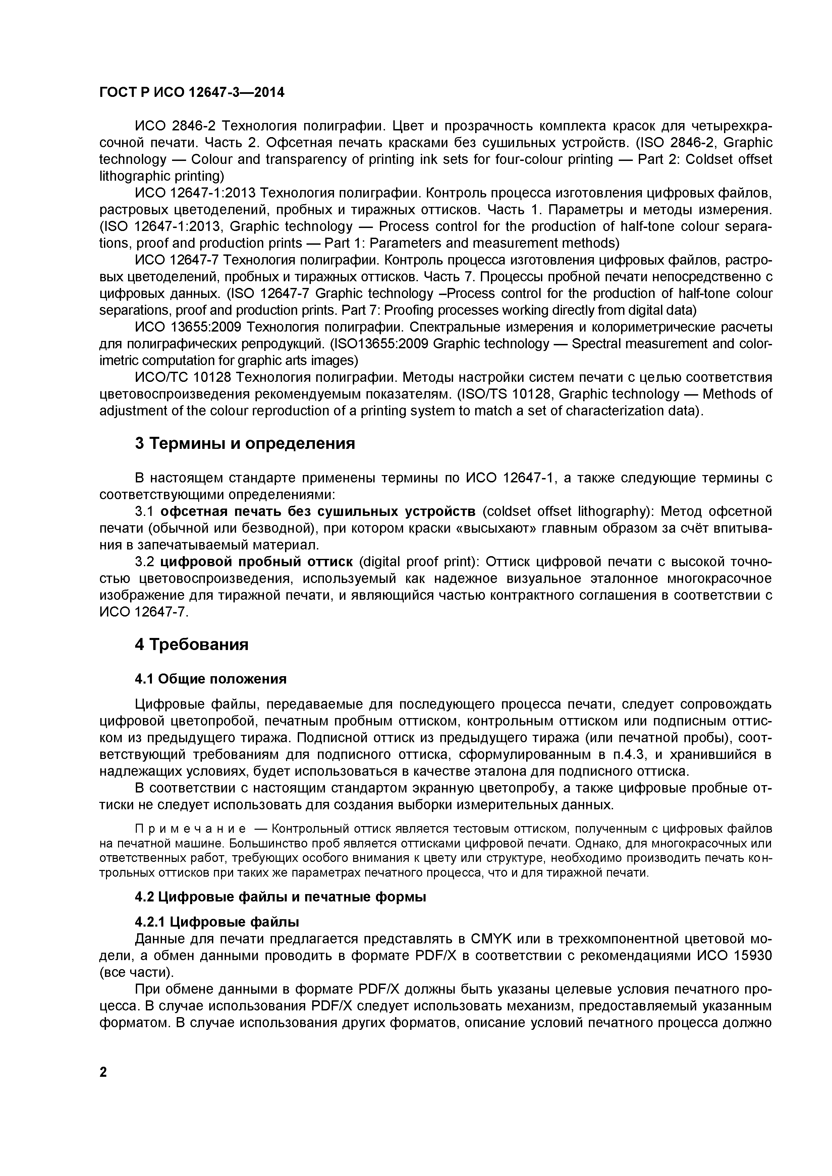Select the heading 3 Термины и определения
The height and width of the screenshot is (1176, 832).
point(244,443)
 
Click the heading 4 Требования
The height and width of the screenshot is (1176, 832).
point(191,644)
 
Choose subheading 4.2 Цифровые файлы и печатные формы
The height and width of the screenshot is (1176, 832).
point(280,897)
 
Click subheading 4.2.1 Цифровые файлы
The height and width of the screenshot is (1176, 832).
point(217,922)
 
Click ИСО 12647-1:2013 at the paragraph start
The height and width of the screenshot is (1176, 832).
point(195,193)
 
